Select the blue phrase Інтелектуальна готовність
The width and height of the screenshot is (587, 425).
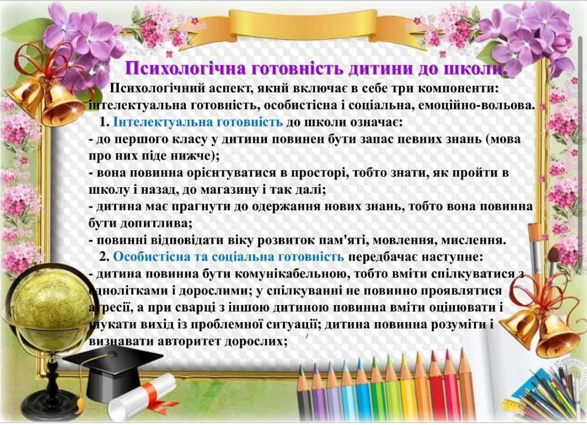(198, 122)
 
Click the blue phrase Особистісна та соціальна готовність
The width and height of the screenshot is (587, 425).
(228, 257)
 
